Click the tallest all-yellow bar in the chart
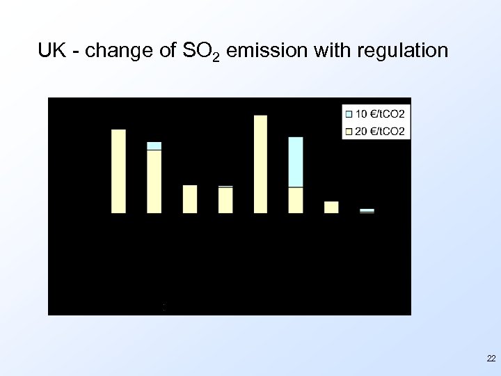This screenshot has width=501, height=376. pyautogui.click(x=261, y=164)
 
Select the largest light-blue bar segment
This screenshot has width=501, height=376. pyautogui.click(x=296, y=162)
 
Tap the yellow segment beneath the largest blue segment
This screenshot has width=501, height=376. pyautogui.click(x=296, y=200)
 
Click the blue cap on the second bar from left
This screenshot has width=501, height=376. pyautogui.click(x=154, y=146)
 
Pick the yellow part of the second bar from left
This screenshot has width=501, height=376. pyautogui.click(x=154, y=181)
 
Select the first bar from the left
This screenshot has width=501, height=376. pyautogui.click(x=119, y=171)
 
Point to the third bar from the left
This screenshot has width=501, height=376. pyautogui.click(x=190, y=198)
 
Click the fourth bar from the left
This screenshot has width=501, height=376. pyautogui.click(x=225, y=200)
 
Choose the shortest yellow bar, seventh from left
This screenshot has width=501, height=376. pyautogui.click(x=331, y=207)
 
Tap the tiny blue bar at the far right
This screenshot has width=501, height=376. pyautogui.click(x=367, y=210)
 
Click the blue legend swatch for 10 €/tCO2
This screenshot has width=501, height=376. pyautogui.click(x=349, y=113)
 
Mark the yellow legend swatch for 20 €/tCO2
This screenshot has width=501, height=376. pyautogui.click(x=349, y=130)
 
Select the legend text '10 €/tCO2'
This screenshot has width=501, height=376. pyautogui.click(x=381, y=113)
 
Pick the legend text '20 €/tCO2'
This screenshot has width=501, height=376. pyautogui.click(x=381, y=130)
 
